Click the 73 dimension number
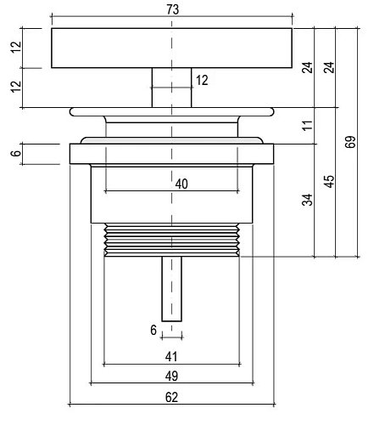[x=172, y=9]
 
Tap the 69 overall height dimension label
[x=350, y=142]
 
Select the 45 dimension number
[x=329, y=181]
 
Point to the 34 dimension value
[x=307, y=200]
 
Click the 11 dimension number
[x=307, y=125]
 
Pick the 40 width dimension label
[x=181, y=184]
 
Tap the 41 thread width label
[x=171, y=357]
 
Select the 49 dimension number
[x=171, y=377]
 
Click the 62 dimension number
[x=171, y=397]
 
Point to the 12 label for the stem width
[x=202, y=80]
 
